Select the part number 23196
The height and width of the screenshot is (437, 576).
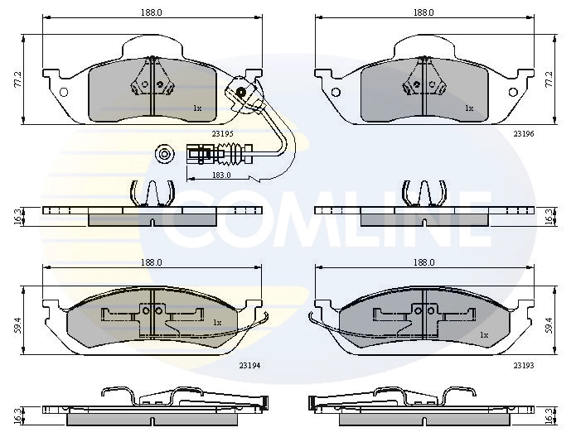click(521, 132)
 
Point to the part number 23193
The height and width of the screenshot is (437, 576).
click(521, 363)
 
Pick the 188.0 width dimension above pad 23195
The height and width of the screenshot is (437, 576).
click(150, 12)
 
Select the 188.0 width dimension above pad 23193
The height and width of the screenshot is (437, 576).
click(424, 262)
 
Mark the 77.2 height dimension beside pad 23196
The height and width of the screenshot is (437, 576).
click(548, 79)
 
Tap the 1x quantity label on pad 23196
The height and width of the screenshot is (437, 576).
click(468, 108)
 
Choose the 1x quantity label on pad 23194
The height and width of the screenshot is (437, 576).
click(217, 322)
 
